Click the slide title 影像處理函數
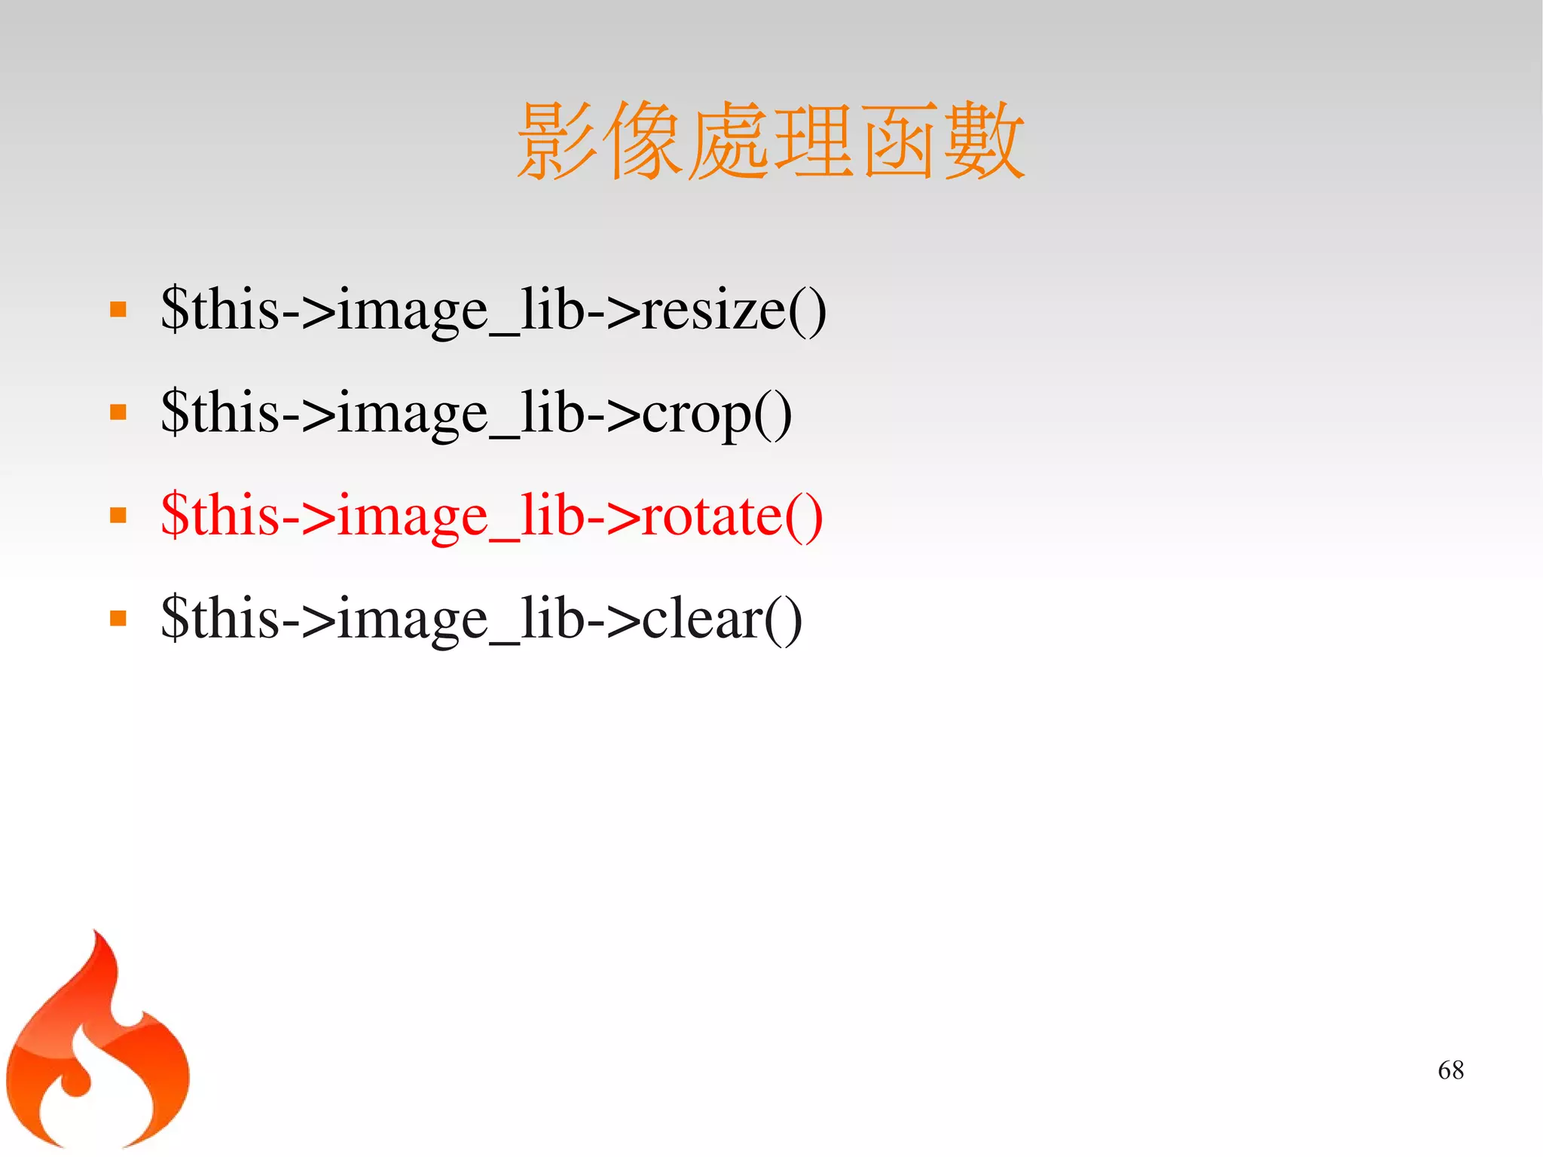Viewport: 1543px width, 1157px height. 770,141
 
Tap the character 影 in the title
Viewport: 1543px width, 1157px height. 558,141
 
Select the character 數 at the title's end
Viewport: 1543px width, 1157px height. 983,141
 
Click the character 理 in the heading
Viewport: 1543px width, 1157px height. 813,141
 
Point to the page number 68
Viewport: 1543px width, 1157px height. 1450,1070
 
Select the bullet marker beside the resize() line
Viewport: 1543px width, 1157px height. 118,310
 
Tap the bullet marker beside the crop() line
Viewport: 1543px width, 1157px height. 118,412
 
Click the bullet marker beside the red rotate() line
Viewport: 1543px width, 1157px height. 118,516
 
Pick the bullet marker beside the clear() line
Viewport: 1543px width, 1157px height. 118,619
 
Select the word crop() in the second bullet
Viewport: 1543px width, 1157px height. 717,414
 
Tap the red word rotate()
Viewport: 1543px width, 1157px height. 732,516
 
